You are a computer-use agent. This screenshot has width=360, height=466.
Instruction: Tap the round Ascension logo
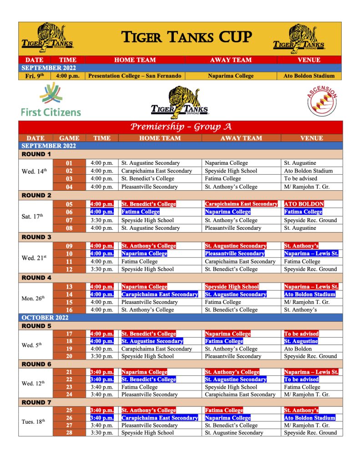[322, 101]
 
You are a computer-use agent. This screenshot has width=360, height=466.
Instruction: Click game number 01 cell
[69, 163]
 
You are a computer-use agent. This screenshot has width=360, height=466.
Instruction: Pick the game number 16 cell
[69, 310]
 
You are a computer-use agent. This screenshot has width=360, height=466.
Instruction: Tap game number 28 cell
[69, 433]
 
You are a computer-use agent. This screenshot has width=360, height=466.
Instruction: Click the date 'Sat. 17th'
[33, 216]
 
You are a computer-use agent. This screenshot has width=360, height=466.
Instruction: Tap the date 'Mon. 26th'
[33, 298]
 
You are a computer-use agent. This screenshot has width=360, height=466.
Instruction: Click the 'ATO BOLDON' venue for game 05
[304, 204]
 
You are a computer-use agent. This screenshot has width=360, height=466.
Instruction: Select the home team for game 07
[147, 220]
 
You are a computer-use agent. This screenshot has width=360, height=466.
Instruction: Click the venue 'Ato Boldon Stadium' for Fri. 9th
[309, 76]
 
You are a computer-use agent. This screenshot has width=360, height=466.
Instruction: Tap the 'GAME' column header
[69, 138]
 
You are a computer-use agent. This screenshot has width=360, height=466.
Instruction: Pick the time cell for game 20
[102, 356]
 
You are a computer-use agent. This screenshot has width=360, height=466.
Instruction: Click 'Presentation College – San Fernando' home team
[135, 76]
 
